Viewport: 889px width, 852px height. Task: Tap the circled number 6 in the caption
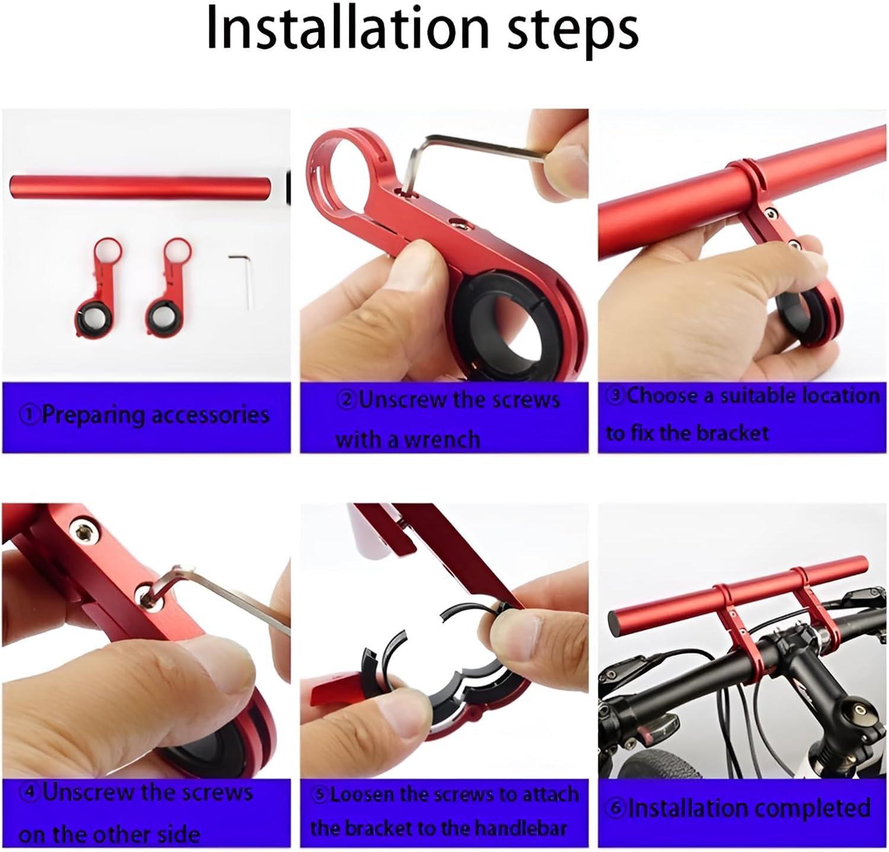(617, 808)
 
